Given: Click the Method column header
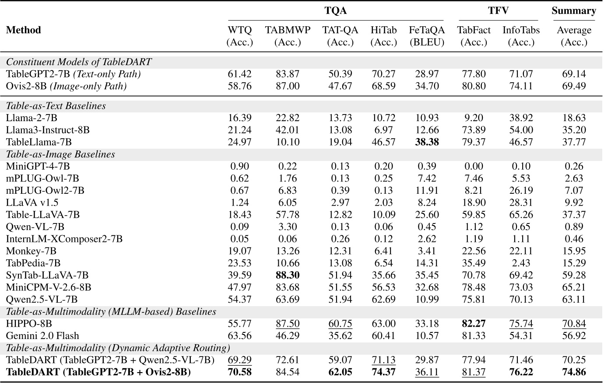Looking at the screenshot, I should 24,30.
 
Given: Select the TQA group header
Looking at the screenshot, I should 335,11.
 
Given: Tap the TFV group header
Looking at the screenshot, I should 498,11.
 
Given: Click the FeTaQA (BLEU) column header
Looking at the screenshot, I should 427,36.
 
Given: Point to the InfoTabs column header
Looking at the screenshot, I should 521,36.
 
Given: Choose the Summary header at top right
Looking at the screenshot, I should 573,11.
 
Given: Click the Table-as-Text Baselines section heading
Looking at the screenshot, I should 56,106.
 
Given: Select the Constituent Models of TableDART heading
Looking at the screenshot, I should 79,62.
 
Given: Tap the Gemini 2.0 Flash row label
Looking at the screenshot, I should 42,336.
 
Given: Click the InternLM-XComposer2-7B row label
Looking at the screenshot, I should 64,239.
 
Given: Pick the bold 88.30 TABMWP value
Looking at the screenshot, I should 288,275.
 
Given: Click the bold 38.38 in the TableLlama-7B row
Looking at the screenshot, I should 427,142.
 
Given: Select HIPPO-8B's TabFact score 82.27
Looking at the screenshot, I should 474,324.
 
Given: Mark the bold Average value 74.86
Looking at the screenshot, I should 574,372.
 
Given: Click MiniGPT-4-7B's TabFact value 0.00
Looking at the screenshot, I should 474,166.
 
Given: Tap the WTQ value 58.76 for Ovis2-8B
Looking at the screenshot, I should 239,86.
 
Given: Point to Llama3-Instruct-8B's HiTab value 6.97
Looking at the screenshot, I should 383,130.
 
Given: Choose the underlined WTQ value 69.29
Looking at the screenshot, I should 239,360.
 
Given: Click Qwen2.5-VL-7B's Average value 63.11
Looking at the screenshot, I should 574,300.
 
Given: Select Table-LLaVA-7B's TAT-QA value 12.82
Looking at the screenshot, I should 340,215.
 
